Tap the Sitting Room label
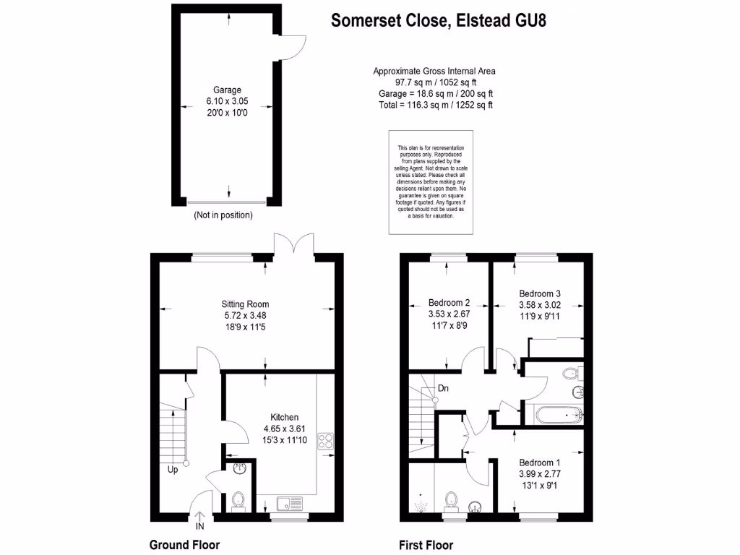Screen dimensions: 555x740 pyautogui.click(x=245, y=304)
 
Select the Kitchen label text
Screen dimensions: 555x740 pyautogui.click(x=284, y=418)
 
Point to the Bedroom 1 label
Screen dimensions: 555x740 pyautogui.click(x=539, y=462)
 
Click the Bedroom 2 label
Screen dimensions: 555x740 pyautogui.click(x=449, y=303)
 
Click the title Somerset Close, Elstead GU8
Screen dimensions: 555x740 pyautogui.click(x=438, y=20)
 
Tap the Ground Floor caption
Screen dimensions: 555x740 pyautogui.click(x=184, y=545)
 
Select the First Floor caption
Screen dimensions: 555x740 pyautogui.click(x=426, y=545)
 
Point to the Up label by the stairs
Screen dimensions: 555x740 pyautogui.click(x=173, y=470)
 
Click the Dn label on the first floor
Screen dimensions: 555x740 pyautogui.click(x=443, y=388)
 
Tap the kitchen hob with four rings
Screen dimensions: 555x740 pyautogui.click(x=325, y=441)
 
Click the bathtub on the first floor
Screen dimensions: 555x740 pyautogui.click(x=559, y=415)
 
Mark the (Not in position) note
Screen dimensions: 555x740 pyautogui.click(x=223, y=215)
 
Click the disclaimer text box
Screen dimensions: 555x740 pyautogui.click(x=431, y=182)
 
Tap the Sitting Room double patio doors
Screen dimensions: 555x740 pyautogui.click(x=293, y=244)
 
